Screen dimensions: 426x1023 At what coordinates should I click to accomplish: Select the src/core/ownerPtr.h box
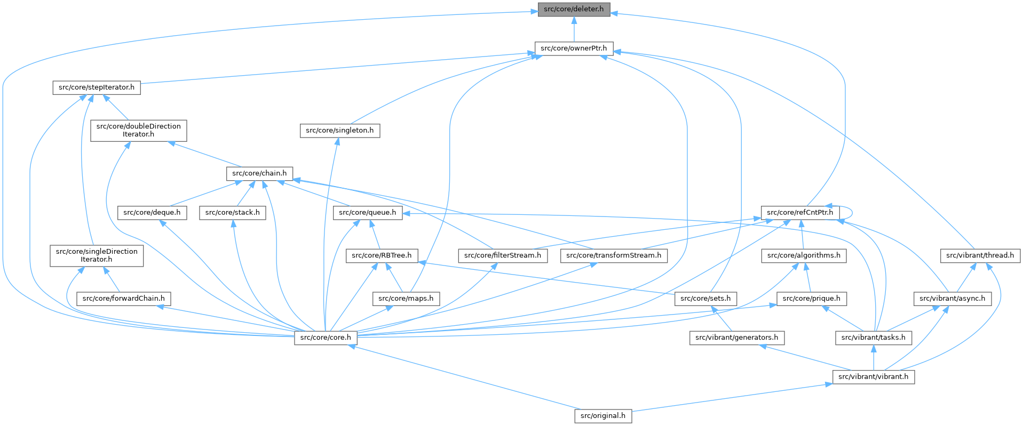(x=574, y=48)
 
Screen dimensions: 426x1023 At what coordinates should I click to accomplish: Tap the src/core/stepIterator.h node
(x=97, y=87)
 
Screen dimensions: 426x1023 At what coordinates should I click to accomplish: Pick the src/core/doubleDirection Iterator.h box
(x=139, y=130)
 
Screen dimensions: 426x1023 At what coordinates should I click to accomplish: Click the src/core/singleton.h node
(x=340, y=130)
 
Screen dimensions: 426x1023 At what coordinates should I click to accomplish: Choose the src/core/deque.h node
(x=152, y=213)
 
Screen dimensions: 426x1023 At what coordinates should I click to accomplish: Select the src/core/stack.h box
(x=233, y=213)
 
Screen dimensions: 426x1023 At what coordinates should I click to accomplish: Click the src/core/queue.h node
(x=368, y=213)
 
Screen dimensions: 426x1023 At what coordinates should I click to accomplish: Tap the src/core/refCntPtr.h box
(x=800, y=213)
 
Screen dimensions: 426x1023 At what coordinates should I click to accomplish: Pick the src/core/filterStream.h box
(x=503, y=255)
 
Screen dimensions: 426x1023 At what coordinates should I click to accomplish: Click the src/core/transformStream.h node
(x=614, y=255)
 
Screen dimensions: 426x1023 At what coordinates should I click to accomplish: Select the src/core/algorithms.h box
(x=804, y=255)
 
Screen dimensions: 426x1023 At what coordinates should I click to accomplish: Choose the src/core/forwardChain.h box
(x=123, y=298)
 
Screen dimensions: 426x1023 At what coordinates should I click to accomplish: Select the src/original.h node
(x=603, y=415)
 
